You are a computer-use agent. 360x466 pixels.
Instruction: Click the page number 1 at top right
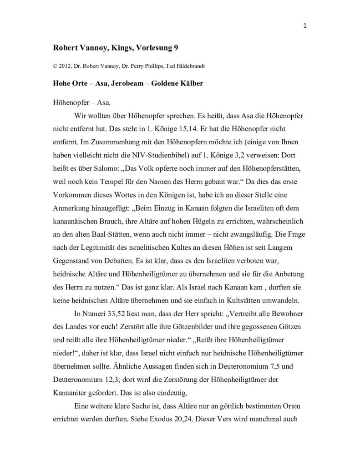pyautogui.click(x=304, y=25)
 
